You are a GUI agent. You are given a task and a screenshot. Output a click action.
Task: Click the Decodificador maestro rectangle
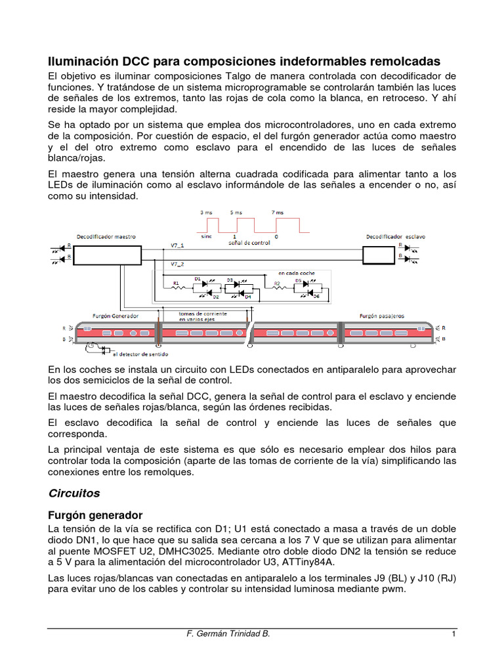(x=110, y=255)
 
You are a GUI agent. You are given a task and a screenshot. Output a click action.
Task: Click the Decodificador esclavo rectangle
(x=379, y=255)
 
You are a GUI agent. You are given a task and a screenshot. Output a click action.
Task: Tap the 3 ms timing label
(x=205, y=213)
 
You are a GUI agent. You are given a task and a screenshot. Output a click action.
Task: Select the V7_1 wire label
(x=177, y=245)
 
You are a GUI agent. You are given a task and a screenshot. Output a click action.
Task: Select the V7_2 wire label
(x=177, y=264)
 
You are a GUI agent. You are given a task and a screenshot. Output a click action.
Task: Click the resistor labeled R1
(x=176, y=289)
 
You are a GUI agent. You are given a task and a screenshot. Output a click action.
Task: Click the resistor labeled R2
(x=277, y=289)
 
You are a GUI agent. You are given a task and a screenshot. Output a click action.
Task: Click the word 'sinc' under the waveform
(x=206, y=236)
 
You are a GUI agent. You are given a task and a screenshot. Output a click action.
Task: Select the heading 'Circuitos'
(x=74, y=492)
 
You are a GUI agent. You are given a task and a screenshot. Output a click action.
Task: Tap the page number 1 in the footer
(x=453, y=635)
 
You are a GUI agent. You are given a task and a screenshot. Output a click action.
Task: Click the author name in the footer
(x=228, y=635)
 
